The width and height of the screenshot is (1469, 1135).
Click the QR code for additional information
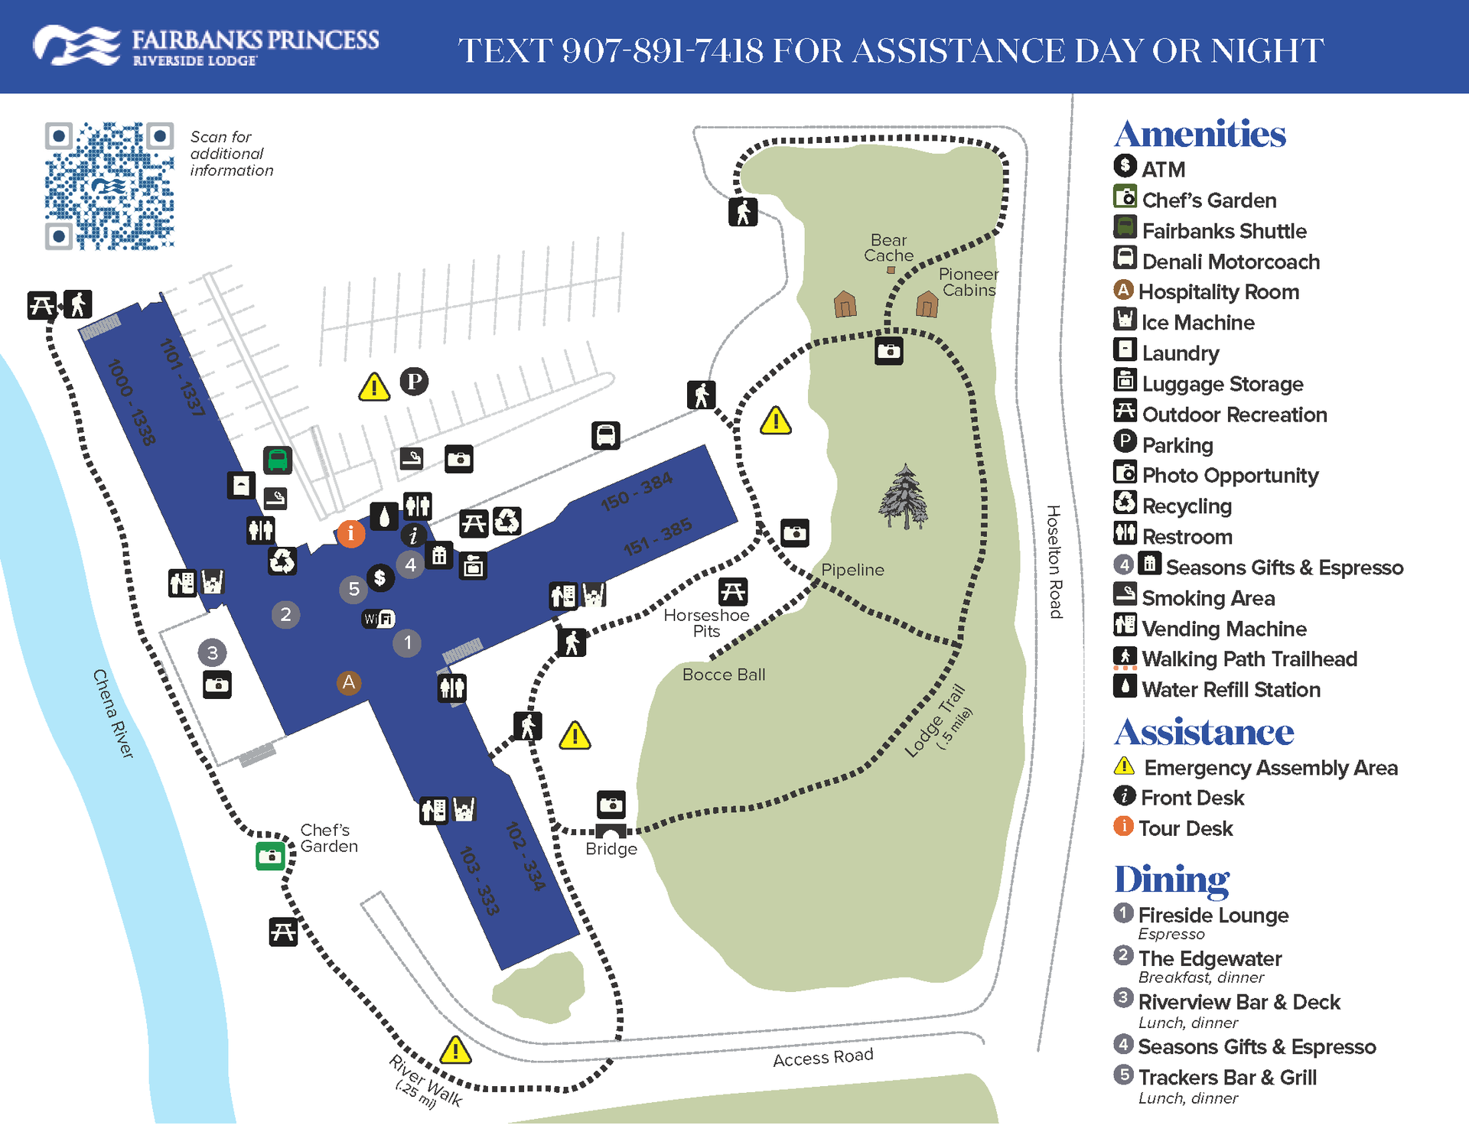(x=109, y=186)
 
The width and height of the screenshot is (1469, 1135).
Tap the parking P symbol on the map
(x=414, y=381)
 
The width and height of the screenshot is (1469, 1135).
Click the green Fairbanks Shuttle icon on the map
(x=277, y=460)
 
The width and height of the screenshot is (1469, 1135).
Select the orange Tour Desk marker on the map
(x=350, y=533)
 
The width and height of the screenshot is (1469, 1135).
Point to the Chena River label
(x=113, y=714)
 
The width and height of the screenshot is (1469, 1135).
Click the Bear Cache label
(x=888, y=248)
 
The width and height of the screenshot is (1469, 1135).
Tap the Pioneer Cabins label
(x=969, y=282)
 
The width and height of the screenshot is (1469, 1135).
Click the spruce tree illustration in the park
(x=904, y=497)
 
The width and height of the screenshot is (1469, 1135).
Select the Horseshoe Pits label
(x=706, y=623)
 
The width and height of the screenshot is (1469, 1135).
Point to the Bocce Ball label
(x=723, y=675)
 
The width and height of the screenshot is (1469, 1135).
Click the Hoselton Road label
(x=1055, y=562)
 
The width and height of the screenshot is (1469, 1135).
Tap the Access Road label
(x=822, y=1058)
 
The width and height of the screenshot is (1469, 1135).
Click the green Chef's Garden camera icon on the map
(x=270, y=856)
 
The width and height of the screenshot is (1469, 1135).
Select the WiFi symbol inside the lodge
(x=379, y=619)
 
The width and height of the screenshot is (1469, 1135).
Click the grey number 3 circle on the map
(x=212, y=652)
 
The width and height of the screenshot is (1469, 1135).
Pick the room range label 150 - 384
(x=637, y=491)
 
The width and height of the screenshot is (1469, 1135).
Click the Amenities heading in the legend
(x=1200, y=135)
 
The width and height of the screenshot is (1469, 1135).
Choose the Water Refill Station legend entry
(x=1230, y=689)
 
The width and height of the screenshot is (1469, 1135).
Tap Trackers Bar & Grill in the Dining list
(x=1226, y=1077)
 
